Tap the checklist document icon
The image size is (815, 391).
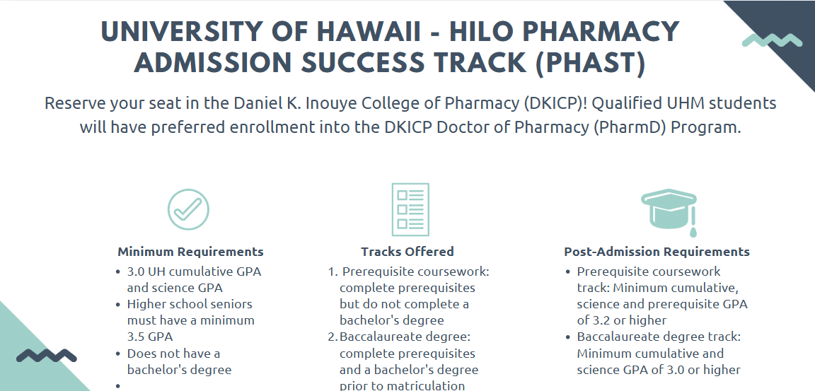point(410,209)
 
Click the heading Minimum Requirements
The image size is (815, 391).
point(190,252)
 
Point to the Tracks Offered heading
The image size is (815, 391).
point(407,252)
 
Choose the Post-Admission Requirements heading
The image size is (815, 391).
point(657,252)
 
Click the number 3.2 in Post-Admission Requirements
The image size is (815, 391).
point(601,320)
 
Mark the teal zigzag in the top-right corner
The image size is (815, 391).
point(772,40)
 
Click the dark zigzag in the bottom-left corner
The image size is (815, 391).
point(47,356)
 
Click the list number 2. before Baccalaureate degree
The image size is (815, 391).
point(333,337)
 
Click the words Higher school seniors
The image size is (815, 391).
point(190,304)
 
